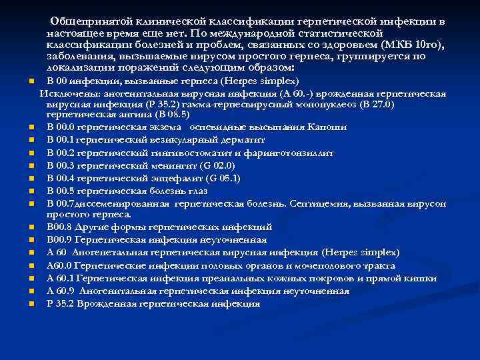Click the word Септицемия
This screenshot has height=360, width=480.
(x=317, y=203)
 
